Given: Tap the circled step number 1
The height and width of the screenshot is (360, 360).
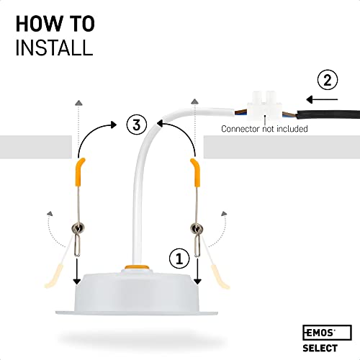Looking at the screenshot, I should (x=180, y=256).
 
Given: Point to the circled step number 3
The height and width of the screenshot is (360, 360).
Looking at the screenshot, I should (x=137, y=125).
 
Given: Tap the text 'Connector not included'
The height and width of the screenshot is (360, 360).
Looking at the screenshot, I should (x=264, y=129).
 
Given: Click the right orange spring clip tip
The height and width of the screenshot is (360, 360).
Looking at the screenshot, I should (x=195, y=168).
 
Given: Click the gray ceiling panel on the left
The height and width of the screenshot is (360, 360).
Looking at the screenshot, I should (x=36, y=148).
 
